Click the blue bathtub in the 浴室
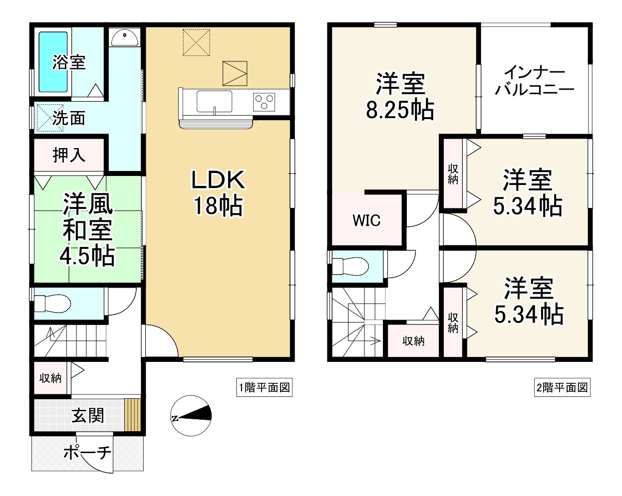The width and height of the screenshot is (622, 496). [53, 62]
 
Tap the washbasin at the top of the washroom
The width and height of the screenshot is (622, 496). [125, 38]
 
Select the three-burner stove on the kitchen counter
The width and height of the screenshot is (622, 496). [264, 102]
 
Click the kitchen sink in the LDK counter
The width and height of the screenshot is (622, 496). [214, 101]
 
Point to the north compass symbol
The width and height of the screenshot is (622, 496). [191, 416]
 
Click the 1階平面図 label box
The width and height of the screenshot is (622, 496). [264, 387]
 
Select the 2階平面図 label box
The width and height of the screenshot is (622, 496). [562, 387]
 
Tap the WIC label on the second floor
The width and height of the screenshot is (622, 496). [366, 220]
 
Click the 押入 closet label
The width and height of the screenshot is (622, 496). [69, 155]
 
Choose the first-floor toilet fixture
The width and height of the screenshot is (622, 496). [52, 303]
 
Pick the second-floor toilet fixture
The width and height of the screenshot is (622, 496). [350, 266]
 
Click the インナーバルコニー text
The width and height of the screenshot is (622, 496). [535, 81]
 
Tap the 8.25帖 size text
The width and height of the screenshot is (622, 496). [400, 110]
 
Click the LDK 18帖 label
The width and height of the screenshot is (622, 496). [219, 192]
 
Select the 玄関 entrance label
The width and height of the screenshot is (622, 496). [88, 416]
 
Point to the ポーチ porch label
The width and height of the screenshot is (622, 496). [87, 453]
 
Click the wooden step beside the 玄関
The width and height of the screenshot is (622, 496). [133, 415]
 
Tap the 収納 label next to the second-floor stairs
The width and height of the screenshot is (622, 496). [413, 341]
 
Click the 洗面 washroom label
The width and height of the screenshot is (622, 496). [69, 118]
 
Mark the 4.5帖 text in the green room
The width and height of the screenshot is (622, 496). [87, 256]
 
